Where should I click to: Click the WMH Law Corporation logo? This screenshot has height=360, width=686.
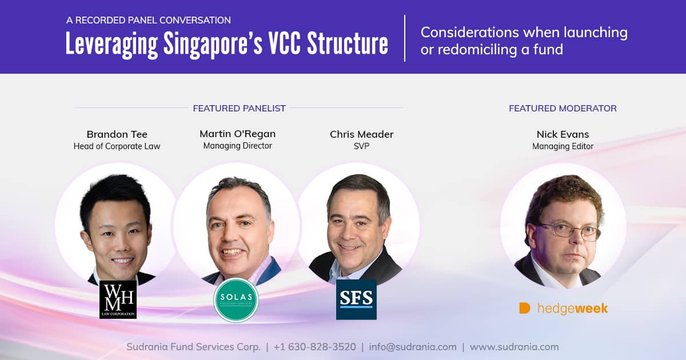point(118,299)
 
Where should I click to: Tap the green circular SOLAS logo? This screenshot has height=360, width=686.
point(236,300)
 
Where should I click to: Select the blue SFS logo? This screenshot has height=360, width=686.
point(356,299)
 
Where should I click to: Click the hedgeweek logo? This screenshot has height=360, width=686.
point(563,309)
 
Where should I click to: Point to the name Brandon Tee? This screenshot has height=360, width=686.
point(117,134)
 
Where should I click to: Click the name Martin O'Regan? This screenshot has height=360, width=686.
point(237,134)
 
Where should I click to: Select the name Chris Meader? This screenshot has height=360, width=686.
point(361,134)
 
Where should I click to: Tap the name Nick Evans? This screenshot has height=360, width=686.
point(563,134)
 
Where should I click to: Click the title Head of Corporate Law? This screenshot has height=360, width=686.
point(117,146)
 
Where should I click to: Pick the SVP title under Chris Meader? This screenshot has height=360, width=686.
point(361,146)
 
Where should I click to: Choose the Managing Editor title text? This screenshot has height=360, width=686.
point(563,146)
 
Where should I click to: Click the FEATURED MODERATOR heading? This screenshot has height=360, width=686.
point(563,108)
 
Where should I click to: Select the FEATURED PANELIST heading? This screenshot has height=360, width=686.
point(239,108)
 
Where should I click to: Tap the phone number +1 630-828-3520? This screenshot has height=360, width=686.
point(314,347)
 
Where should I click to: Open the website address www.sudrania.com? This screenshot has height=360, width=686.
point(514,347)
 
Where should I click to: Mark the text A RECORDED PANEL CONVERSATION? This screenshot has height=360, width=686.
point(148,20)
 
